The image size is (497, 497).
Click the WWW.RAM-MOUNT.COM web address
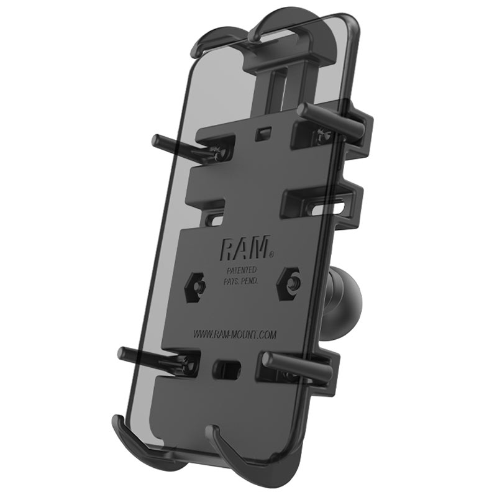(x=235, y=334)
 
